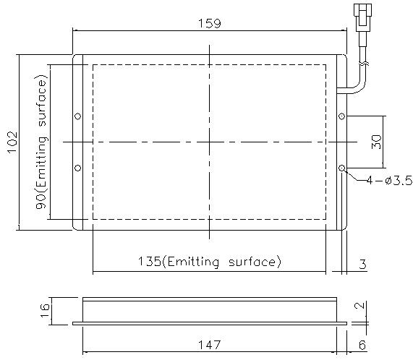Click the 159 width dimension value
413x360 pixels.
coord(209,22)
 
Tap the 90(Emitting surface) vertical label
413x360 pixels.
coord(43,142)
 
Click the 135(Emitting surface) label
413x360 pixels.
coord(209,261)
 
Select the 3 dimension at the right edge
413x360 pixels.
coord(362,264)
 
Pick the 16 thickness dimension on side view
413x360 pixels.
coord(46,310)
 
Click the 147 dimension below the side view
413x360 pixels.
coord(209,345)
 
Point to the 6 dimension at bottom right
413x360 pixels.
coord(362,345)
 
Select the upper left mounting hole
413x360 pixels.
coord(79,116)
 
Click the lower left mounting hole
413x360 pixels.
coord(79,168)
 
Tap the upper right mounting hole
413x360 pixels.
coord(342,116)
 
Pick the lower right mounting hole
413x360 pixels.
coord(342,168)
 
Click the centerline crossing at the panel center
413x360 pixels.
coord(209,142)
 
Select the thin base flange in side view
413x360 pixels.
coord(209,323)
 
